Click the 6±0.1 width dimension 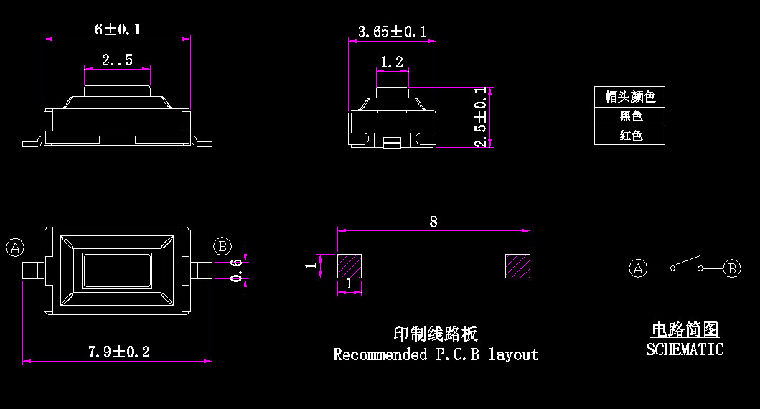[x=118, y=29]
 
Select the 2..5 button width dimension [x=117, y=60]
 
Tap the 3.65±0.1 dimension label [x=392, y=32]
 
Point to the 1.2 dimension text [x=391, y=62]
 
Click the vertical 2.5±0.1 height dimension [x=481, y=118]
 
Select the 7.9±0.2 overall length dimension [x=118, y=352]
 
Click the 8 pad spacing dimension [x=433, y=222]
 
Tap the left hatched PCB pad [x=349, y=265]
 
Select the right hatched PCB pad [x=517, y=265]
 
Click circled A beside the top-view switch [x=15, y=248]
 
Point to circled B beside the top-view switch [x=222, y=247]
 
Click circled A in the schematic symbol [x=638, y=268]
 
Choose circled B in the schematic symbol [x=731, y=268]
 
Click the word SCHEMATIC [x=685, y=349]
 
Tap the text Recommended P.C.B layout [x=436, y=354]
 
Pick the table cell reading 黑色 [x=630, y=116]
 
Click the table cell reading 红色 [x=630, y=136]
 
